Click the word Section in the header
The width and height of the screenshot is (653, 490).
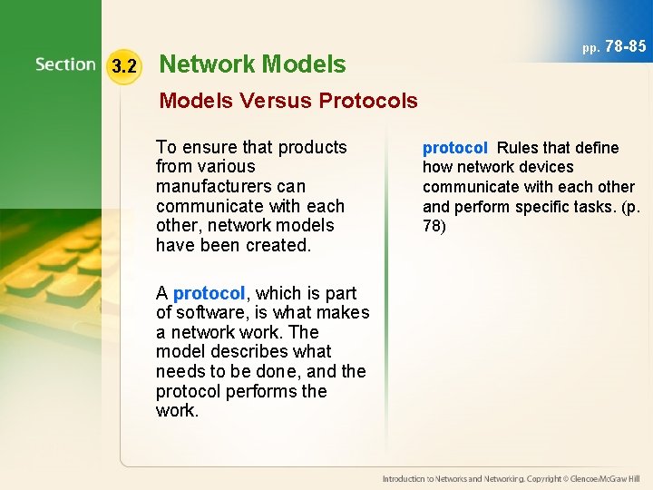coord(65,64)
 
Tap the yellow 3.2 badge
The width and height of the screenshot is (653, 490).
coord(123,66)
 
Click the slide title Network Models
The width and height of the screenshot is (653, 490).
coord(252,64)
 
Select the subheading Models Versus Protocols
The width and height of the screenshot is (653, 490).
coord(288,101)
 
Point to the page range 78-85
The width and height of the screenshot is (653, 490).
coord(625,45)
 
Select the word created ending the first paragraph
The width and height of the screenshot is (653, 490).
coord(280,245)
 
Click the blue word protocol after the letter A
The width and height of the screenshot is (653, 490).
coord(209,293)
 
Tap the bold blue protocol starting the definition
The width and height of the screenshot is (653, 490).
coord(455,148)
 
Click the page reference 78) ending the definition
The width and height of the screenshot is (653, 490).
coord(434,226)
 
